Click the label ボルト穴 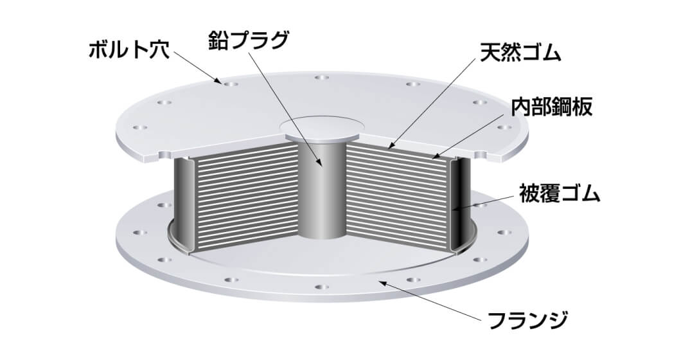tap(128, 50)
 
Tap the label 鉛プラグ tap(248, 40)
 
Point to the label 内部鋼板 tap(551, 106)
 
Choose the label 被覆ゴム tap(560, 194)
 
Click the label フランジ tap(527, 320)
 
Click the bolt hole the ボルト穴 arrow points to tap(230, 84)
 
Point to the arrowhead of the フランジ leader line tap(380, 283)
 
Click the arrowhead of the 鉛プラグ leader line tap(321, 165)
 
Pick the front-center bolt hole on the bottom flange tap(321, 287)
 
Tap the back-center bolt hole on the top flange tap(321, 78)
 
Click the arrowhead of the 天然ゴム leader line tap(390, 147)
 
